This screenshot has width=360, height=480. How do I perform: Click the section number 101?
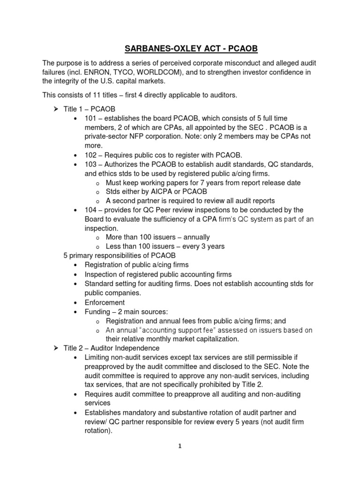[91, 118]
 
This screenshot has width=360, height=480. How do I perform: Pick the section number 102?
[91, 155]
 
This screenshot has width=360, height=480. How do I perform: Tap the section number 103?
[91, 164]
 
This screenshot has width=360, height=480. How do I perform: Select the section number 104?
[91, 210]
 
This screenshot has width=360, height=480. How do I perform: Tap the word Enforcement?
[105, 302]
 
